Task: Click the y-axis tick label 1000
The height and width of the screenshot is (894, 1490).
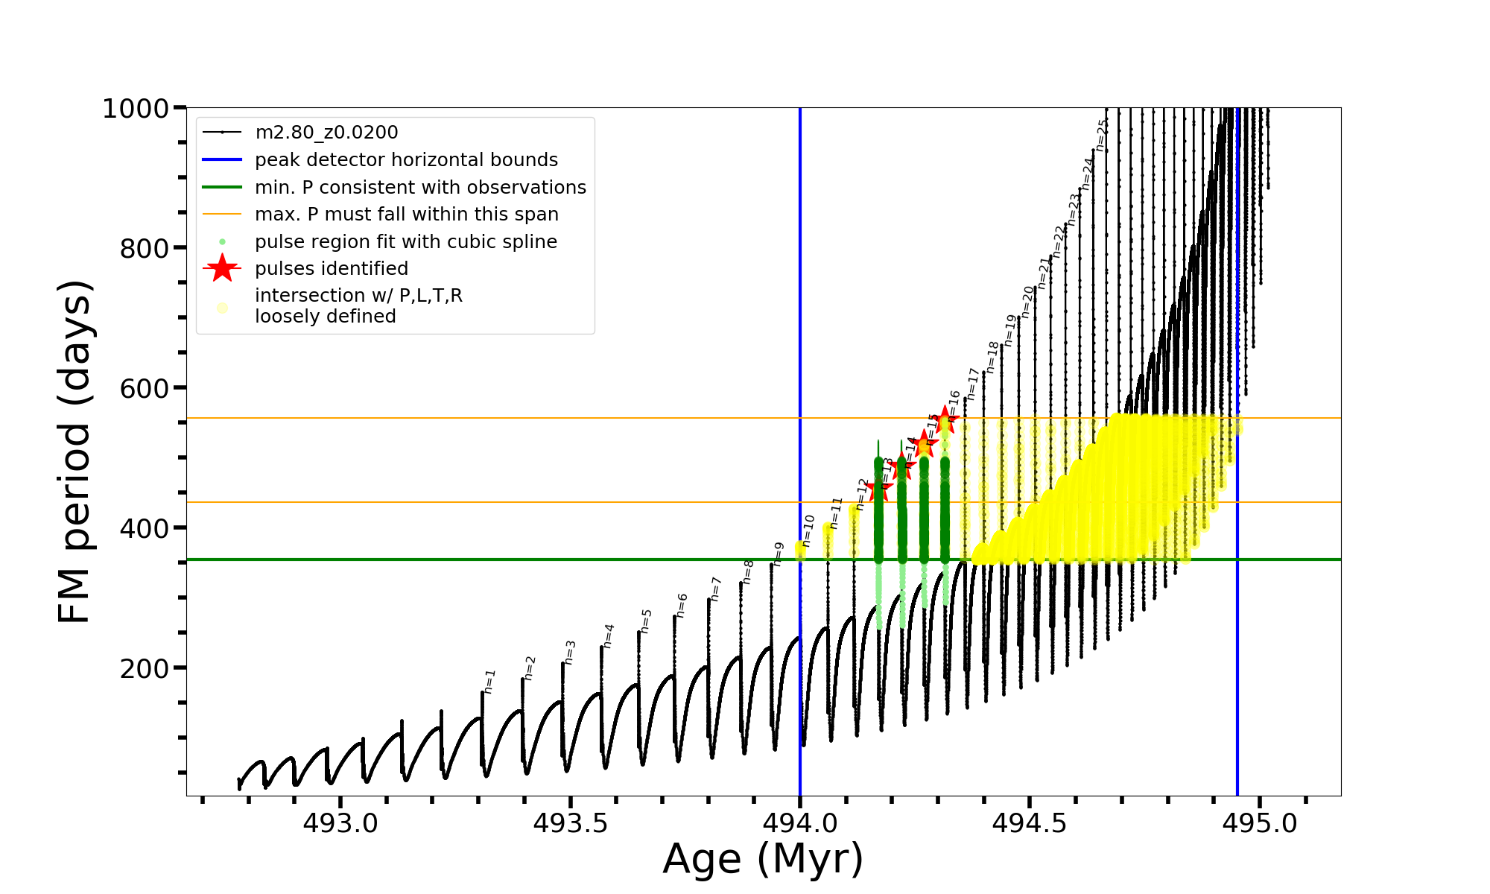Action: click(x=135, y=109)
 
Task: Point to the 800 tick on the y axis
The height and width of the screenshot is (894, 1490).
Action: click(x=144, y=248)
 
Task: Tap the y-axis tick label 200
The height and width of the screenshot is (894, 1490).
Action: click(x=144, y=668)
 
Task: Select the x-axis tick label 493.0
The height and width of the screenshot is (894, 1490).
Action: click(x=340, y=823)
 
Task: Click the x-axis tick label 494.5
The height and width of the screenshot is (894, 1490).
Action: click(x=1030, y=823)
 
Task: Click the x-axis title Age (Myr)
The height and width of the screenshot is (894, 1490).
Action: click(x=763, y=859)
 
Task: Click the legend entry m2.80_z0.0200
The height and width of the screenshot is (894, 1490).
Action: click(x=326, y=133)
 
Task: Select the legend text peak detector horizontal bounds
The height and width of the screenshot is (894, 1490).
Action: click(x=406, y=160)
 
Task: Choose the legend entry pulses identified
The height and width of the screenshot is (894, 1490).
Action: click(x=332, y=269)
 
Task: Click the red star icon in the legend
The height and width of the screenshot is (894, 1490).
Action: click(x=222, y=268)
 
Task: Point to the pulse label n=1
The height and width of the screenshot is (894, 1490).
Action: click(x=489, y=681)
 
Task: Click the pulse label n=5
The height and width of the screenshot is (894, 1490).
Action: click(x=646, y=621)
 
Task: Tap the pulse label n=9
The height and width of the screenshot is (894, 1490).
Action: click(x=779, y=554)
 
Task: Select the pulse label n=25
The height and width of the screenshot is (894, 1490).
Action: click(x=1102, y=135)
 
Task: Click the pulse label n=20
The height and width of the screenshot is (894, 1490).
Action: click(x=1028, y=302)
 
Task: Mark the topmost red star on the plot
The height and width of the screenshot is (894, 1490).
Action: click(x=945, y=419)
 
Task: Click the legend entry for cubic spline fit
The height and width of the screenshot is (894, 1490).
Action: click(x=405, y=242)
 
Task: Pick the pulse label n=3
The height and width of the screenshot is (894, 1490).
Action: click(x=570, y=652)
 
